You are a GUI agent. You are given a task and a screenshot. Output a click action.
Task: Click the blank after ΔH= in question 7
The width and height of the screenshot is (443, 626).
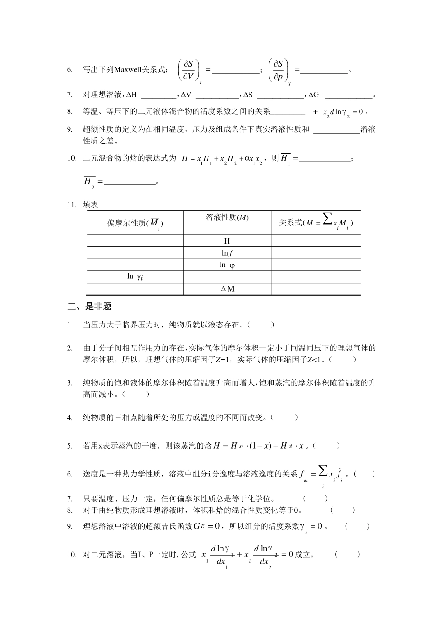point(158,95)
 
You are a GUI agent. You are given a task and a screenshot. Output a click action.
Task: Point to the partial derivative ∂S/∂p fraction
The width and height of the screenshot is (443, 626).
point(278,70)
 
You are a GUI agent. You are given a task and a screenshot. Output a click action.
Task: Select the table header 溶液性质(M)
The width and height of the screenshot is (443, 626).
point(227,218)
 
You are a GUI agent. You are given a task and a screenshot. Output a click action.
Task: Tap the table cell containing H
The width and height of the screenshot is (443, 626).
point(227,241)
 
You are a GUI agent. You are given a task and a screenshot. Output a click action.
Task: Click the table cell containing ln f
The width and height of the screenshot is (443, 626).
point(227,253)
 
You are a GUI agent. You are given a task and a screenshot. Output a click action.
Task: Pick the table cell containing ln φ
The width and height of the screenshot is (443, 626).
point(227,265)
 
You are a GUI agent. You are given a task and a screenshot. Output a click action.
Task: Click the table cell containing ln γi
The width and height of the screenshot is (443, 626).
point(135,277)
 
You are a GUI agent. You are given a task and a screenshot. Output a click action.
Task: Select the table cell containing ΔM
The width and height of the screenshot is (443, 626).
point(227,289)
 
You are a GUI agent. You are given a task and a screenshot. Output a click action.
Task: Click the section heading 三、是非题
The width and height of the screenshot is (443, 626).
point(90,306)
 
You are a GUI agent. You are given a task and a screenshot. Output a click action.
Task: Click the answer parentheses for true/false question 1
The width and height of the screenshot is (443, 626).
point(260,325)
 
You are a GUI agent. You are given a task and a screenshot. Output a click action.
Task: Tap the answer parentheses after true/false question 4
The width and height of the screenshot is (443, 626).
point(284,417)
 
